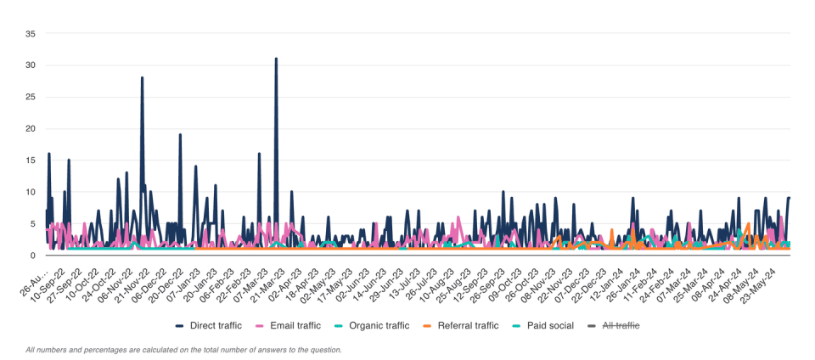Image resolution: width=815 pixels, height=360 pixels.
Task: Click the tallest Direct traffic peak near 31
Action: point(276,59)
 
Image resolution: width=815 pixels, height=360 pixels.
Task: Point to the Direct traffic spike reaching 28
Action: point(142,78)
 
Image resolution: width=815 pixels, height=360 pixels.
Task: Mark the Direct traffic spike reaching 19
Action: point(180,135)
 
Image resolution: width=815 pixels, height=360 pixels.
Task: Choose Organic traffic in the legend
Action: point(378,325)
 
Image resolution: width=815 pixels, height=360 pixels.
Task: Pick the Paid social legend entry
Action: point(543,325)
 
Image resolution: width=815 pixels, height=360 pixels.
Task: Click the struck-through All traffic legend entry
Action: point(615,325)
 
